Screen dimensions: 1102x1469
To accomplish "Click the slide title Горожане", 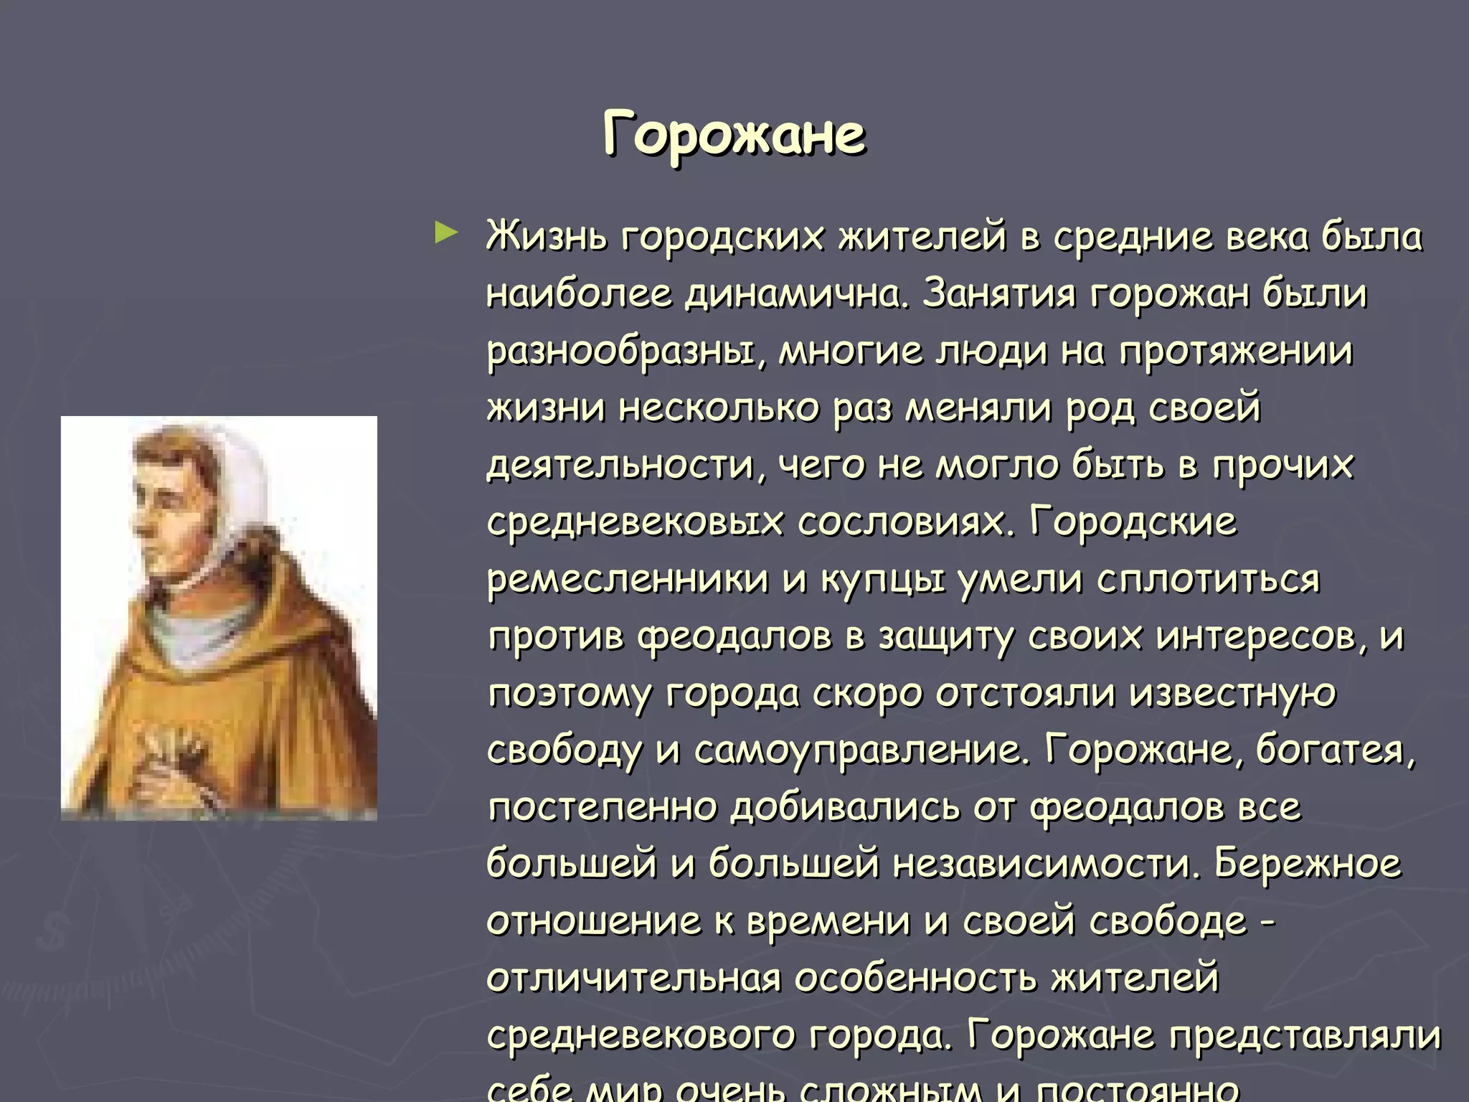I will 734,135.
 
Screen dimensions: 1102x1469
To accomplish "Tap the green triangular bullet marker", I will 445,233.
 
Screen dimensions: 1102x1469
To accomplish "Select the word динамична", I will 796,293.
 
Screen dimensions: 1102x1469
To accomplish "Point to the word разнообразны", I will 620,352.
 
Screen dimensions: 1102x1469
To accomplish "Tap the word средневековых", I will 635,522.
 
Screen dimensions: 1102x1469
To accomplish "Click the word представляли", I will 1305,1035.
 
